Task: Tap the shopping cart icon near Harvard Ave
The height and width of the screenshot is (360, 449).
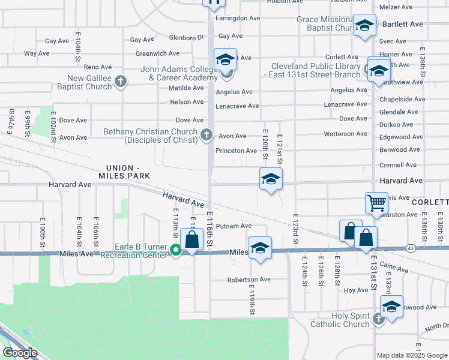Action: click(x=376, y=203)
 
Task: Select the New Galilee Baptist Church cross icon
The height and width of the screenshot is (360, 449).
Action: click(x=121, y=82)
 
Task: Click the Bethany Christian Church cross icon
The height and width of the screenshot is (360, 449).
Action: click(x=206, y=134)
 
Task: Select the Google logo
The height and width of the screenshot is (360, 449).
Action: click(x=20, y=352)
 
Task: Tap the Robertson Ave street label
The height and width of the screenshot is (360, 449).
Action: click(x=249, y=280)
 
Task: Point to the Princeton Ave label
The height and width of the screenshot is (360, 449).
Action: click(x=237, y=151)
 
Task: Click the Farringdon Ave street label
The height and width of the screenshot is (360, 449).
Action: click(x=238, y=18)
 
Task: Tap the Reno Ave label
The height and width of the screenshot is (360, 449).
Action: click(x=98, y=67)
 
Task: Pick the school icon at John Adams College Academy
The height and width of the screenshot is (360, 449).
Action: click(x=225, y=60)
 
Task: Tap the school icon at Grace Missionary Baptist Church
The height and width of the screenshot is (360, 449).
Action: click(x=364, y=26)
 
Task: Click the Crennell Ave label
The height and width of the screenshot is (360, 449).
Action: click(x=398, y=165)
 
